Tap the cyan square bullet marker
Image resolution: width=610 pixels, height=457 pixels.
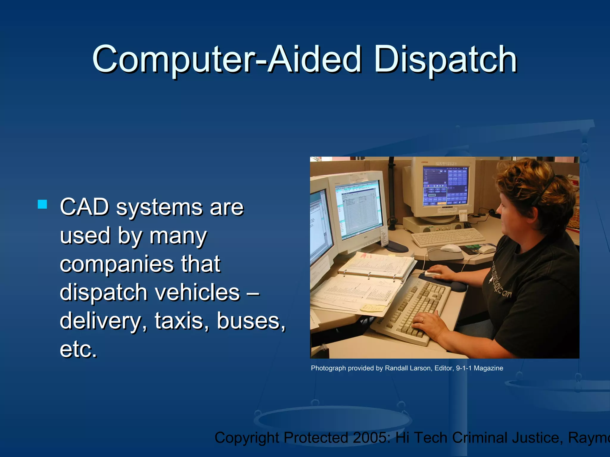coord(42,204)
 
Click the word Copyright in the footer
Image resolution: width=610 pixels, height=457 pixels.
coord(247,438)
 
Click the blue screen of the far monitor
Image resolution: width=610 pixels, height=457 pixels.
coord(445,186)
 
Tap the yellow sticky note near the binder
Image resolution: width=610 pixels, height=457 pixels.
coord(372,308)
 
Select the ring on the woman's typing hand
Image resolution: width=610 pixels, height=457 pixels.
coord(422,320)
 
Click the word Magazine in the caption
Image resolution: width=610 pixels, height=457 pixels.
coord(488,368)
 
